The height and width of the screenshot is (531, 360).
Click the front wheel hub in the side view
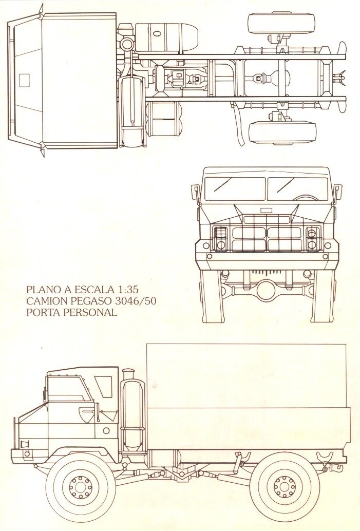(x=81, y=487)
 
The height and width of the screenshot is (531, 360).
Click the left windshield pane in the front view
(x=236, y=188)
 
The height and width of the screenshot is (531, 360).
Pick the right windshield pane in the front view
(x=298, y=188)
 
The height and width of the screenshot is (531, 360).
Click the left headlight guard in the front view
(x=221, y=238)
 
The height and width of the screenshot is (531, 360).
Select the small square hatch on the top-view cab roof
(x=24, y=80)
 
